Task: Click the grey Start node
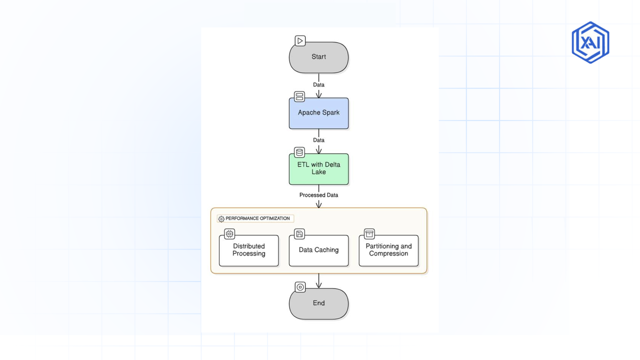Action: [x=319, y=57]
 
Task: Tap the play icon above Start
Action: [x=300, y=41]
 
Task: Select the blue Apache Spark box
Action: [x=319, y=113]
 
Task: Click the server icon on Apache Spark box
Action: [x=299, y=97]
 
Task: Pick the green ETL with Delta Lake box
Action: [x=319, y=169]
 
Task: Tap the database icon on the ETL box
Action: [x=299, y=152]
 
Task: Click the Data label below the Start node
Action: [x=319, y=85]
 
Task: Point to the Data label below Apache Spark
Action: [x=319, y=140]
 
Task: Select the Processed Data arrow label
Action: [x=319, y=195]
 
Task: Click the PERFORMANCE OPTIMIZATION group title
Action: [x=258, y=218]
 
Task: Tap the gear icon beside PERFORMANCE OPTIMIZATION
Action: [x=221, y=219]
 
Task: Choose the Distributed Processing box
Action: [x=249, y=250]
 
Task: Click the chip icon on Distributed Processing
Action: [x=229, y=234]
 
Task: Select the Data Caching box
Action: [x=319, y=250]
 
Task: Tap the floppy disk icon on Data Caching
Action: [x=299, y=234]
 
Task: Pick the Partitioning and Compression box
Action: [x=389, y=250]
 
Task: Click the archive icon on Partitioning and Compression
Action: [x=369, y=234]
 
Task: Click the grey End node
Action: [x=319, y=303]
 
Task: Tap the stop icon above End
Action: [x=300, y=287]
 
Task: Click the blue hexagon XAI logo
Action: [x=590, y=42]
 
